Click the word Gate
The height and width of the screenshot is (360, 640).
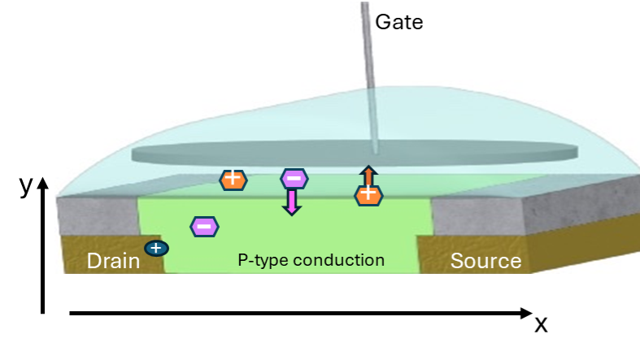[x=398, y=21]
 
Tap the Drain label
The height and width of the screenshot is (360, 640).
[x=113, y=261]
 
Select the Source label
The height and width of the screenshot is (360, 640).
[x=485, y=261]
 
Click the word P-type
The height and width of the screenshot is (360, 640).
[x=263, y=260]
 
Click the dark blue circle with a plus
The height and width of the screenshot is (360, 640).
[x=156, y=248]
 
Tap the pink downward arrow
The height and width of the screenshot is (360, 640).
[x=291, y=202]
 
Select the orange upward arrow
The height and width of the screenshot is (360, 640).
[x=368, y=176]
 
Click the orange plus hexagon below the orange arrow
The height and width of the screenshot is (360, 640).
[x=368, y=195]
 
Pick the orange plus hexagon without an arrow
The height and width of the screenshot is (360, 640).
[x=233, y=179]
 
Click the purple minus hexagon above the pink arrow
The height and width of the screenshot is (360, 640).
[x=294, y=179]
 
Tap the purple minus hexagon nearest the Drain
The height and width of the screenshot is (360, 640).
[x=204, y=226]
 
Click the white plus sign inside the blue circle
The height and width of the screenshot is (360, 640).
[x=156, y=248]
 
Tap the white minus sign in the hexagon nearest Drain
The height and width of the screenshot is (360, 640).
[x=204, y=226]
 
